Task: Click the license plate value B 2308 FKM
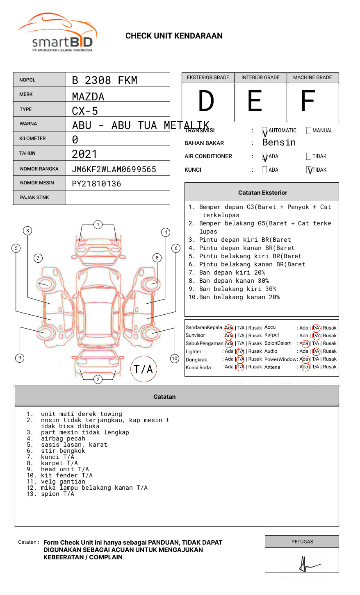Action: [x=105, y=80]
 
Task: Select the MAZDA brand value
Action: [x=88, y=97]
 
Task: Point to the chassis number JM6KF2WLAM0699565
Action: [x=114, y=169]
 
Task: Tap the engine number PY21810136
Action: [x=96, y=184]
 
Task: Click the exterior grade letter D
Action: [x=206, y=101]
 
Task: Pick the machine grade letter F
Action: [x=308, y=101]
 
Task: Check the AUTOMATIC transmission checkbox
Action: [x=264, y=131]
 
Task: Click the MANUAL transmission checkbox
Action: [x=309, y=131]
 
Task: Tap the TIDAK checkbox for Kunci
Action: [x=309, y=170]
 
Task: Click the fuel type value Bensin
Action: [x=279, y=143]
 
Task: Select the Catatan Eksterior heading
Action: [x=262, y=193]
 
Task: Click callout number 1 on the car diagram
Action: [x=98, y=225]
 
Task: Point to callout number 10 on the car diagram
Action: [x=175, y=358]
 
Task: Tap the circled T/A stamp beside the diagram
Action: [x=144, y=369]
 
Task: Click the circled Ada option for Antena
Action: [x=305, y=367]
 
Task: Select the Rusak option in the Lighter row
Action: [x=255, y=351]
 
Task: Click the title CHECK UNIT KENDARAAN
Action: [x=174, y=36]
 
